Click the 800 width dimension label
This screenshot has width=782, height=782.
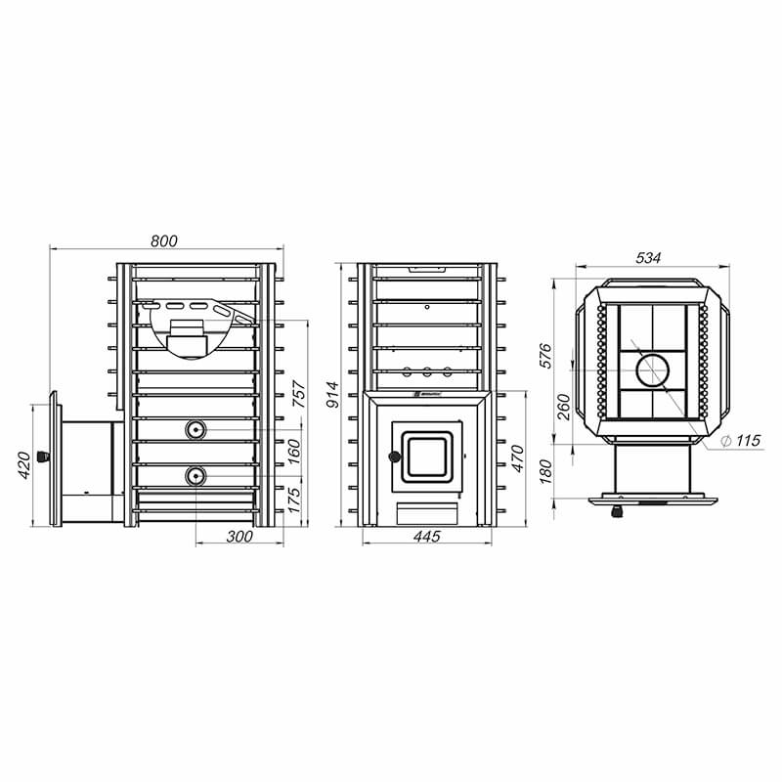click(163, 240)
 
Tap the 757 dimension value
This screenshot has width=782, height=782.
click(298, 394)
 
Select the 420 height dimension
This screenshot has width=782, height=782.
click(23, 465)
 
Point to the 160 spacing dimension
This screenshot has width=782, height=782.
click(294, 452)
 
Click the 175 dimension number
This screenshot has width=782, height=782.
click(294, 500)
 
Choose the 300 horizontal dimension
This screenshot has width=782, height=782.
click(239, 537)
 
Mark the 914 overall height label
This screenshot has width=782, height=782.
click(332, 395)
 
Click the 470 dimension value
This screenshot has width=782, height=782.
click(518, 458)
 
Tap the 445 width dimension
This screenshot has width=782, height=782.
click(427, 536)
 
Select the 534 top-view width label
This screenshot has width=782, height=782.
click(648, 258)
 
